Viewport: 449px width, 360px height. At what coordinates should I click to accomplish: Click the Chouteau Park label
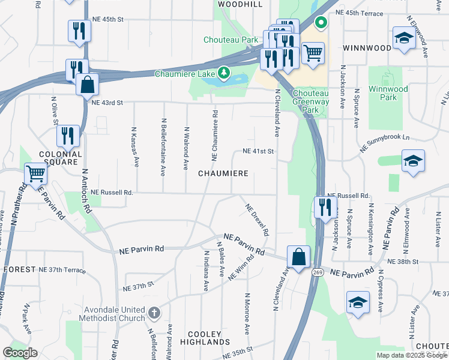(x=231, y=40)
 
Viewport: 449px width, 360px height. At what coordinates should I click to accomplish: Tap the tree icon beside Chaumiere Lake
(x=224, y=73)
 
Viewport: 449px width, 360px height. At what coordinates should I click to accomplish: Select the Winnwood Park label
(x=388, y=93)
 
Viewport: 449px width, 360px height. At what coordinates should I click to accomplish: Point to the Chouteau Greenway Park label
(x=311, y=102)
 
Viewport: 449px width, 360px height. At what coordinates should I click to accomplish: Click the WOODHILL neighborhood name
(x=240, y=4)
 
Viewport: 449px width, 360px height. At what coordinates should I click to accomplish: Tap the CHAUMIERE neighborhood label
(x=223, y=173)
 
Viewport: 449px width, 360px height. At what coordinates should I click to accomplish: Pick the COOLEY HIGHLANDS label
(x=205, y=338)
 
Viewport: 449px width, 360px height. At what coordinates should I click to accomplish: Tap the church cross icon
(x=154, y=313)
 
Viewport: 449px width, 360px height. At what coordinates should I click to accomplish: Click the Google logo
(x=19, y=353)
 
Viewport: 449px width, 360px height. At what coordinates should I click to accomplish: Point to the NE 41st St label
(x=258, y=151)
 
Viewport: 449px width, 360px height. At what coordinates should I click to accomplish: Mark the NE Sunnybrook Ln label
(x=385, y=137)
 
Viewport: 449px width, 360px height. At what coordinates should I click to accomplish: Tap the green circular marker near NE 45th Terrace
(x=321, y=24)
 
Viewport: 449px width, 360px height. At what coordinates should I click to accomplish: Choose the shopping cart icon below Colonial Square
(x=35, y=174)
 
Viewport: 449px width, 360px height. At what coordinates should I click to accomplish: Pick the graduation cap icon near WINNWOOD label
(x=404, y=38)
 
